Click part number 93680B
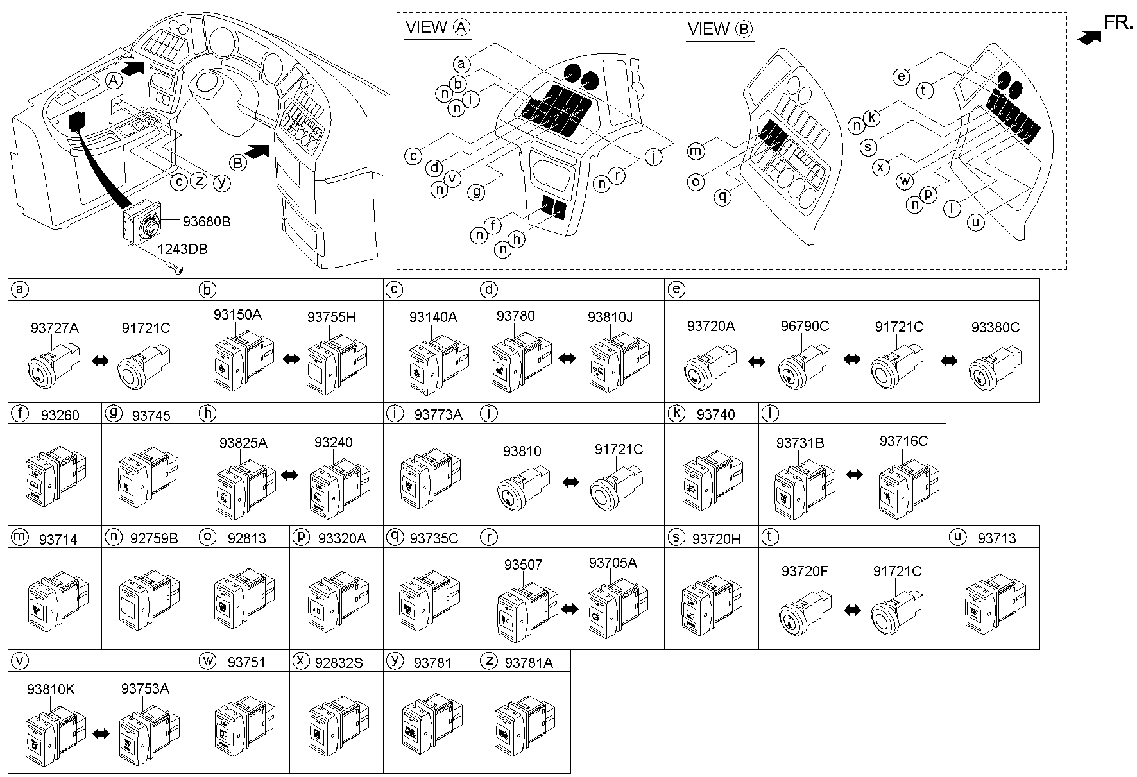[206, 222]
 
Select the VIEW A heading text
[437, 28]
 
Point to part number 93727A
[55, 328]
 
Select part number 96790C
[805, 326]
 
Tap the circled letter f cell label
[20, 413]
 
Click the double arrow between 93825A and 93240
[290, 475]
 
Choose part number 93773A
[438, 414]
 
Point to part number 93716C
[903, 441]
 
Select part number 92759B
[154, 538]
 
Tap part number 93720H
[716, 539]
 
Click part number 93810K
[51, 689]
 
